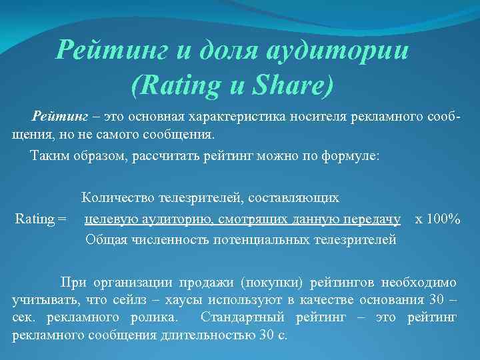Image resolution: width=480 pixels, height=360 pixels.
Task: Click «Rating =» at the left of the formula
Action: pyautogui.click(x=41, y=219)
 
